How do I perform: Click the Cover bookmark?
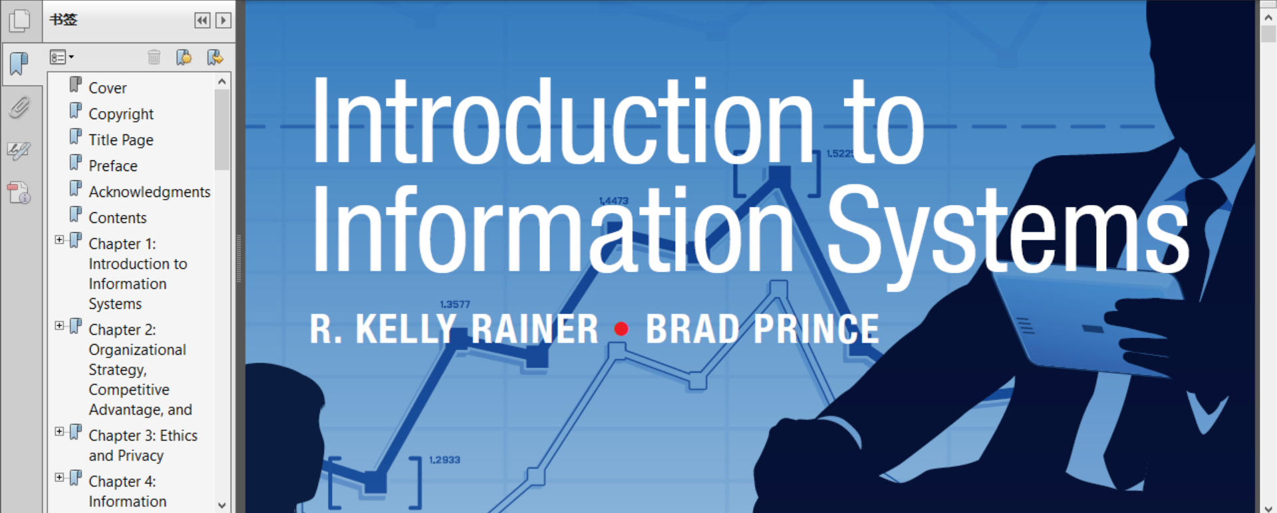(x=107, y=88)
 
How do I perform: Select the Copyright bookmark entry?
(x=121, y=114)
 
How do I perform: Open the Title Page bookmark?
(x=121, y=140)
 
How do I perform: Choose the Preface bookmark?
(x=113, y=166)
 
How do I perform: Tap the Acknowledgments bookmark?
(x=150, y=192)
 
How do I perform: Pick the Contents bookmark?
(x=118, y=218)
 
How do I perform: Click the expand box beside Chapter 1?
(x=59, y=240)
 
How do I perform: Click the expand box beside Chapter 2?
(x=59, y=325)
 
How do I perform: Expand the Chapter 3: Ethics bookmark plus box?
(x=59, y=431)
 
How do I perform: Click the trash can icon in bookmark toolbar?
(x=154, y=57)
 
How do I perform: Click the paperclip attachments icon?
(x=19, y=107)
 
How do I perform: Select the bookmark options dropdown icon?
(x=61, y=57)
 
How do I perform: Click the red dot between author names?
(x=622, y=329)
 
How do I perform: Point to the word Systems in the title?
(x=1008, y=230)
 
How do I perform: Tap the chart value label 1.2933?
(x=444, y=460)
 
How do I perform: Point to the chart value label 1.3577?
(x=455, y=304)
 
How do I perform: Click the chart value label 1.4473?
(x=613, y=200)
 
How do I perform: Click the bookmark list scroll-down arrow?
(x=222, y=506)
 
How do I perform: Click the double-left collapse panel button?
(x=202, y=21)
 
